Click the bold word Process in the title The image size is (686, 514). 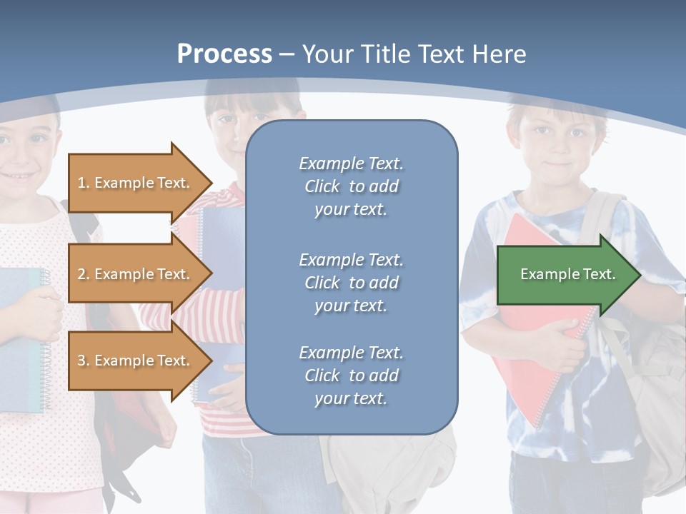click(224, 54)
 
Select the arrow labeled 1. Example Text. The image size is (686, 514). click(136, 183)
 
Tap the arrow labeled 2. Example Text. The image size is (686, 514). click(136, 274)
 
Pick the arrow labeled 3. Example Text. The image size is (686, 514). click(136, 361)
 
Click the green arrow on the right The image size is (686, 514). click(565, 275)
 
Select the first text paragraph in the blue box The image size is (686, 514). click(352, 186)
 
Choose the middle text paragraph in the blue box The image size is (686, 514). click(352, 283)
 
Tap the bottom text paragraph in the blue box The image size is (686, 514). click(352, 376)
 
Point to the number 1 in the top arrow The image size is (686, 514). click(81, 183)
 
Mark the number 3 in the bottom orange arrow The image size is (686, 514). click(81, 361)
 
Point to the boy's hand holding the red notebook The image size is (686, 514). click(565, 343)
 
